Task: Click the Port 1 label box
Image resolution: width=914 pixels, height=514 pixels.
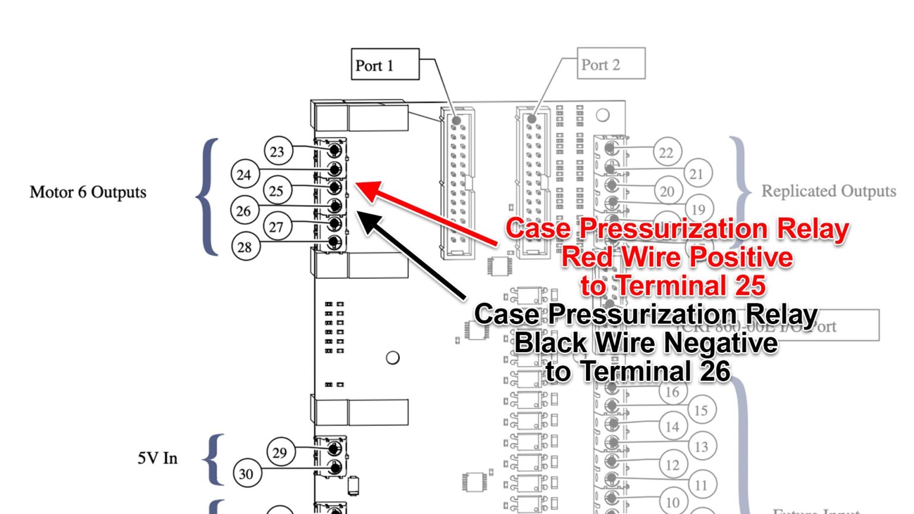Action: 385,64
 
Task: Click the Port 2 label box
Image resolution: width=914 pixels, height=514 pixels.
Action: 611,64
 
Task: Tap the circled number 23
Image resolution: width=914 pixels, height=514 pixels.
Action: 277,151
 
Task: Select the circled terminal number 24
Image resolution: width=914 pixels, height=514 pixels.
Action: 245,175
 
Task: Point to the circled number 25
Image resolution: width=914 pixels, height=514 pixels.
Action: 276,191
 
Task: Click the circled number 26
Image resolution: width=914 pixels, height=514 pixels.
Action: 244,211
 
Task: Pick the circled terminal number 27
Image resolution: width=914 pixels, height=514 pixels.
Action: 276,227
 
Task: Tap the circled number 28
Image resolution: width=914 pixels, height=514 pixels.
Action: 245,247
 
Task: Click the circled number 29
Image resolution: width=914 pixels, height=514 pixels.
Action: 280,453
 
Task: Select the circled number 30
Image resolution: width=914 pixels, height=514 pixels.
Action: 246,474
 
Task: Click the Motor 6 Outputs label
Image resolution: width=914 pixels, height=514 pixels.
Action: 88,192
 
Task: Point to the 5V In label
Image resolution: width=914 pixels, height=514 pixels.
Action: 158,458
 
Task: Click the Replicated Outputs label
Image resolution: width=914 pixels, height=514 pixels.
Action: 828,191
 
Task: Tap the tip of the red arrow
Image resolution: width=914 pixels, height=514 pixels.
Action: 359,184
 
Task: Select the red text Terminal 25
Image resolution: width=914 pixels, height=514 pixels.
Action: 672,286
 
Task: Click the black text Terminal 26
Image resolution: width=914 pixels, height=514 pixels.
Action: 638,372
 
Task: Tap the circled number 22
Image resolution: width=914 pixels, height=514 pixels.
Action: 666,153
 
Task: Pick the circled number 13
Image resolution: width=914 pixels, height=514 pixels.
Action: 702,446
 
